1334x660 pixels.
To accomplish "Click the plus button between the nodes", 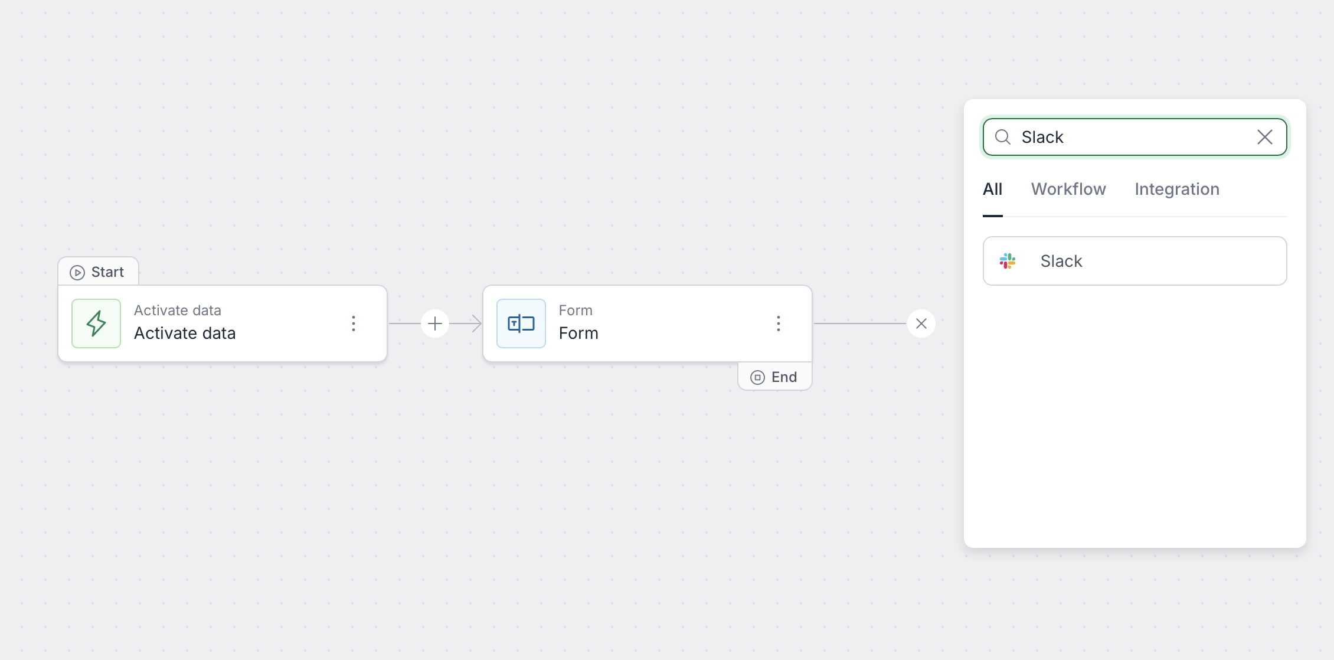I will (435, 324).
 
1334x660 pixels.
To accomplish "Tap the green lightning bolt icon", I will (96, 324).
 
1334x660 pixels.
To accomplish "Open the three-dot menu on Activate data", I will (354, 324).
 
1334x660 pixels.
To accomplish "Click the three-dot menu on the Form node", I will (779, 324).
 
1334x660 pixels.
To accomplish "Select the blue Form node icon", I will (521, 324).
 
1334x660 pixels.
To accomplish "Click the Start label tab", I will (99, 272).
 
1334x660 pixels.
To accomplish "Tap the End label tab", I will (775, 377).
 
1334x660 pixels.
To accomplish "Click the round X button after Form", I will (921, 324).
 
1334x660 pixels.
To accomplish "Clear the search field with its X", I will (1264, 138).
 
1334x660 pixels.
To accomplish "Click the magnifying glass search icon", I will (1003, 138).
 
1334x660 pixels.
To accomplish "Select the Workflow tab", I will (1068, 189).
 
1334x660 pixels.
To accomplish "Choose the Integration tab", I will (1177, 189).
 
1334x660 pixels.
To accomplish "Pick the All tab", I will (992, 189).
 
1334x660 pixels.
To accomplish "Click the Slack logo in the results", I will (1008, 261).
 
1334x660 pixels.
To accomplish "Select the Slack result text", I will (1061, 261).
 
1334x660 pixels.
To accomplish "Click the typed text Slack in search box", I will (1042, 138).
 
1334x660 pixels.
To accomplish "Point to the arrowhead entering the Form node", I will (476, 324).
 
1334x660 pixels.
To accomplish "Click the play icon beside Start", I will (77, 273).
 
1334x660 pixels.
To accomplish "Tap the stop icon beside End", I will (757, 378).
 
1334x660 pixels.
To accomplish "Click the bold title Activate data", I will (185, 334).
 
